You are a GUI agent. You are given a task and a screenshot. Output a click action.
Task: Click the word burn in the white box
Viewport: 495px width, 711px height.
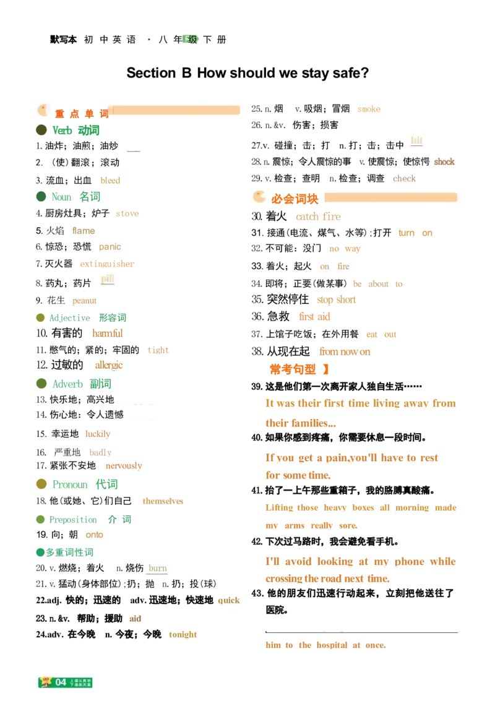[x=158, y=569]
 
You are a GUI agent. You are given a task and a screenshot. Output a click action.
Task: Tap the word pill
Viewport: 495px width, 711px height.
[x=108, y=279]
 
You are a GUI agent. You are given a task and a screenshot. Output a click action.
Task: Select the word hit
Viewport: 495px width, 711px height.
[x=416, y=140]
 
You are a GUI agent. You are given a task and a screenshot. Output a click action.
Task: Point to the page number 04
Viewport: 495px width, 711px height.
[x=61, y=682]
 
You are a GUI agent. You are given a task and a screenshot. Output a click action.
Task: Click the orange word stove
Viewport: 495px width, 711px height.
[x=127, y=215]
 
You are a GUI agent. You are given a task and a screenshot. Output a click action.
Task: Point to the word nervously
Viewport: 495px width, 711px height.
[x=124, y=465]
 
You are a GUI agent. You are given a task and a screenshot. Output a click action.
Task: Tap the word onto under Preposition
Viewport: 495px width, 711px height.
[x=94, y=535]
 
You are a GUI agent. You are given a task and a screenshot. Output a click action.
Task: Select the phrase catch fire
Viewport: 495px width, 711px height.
[x=318, y=217]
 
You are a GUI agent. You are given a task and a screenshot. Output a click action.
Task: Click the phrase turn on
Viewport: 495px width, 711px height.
[x=415, y=233]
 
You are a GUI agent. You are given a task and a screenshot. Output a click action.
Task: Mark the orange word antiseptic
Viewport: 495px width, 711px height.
[x=108, y=264]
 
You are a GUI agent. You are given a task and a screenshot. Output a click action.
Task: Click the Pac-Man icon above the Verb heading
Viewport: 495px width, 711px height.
[x=44, y=110]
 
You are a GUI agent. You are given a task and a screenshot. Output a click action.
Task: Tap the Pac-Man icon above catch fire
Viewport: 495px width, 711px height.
[x=257, y=197]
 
